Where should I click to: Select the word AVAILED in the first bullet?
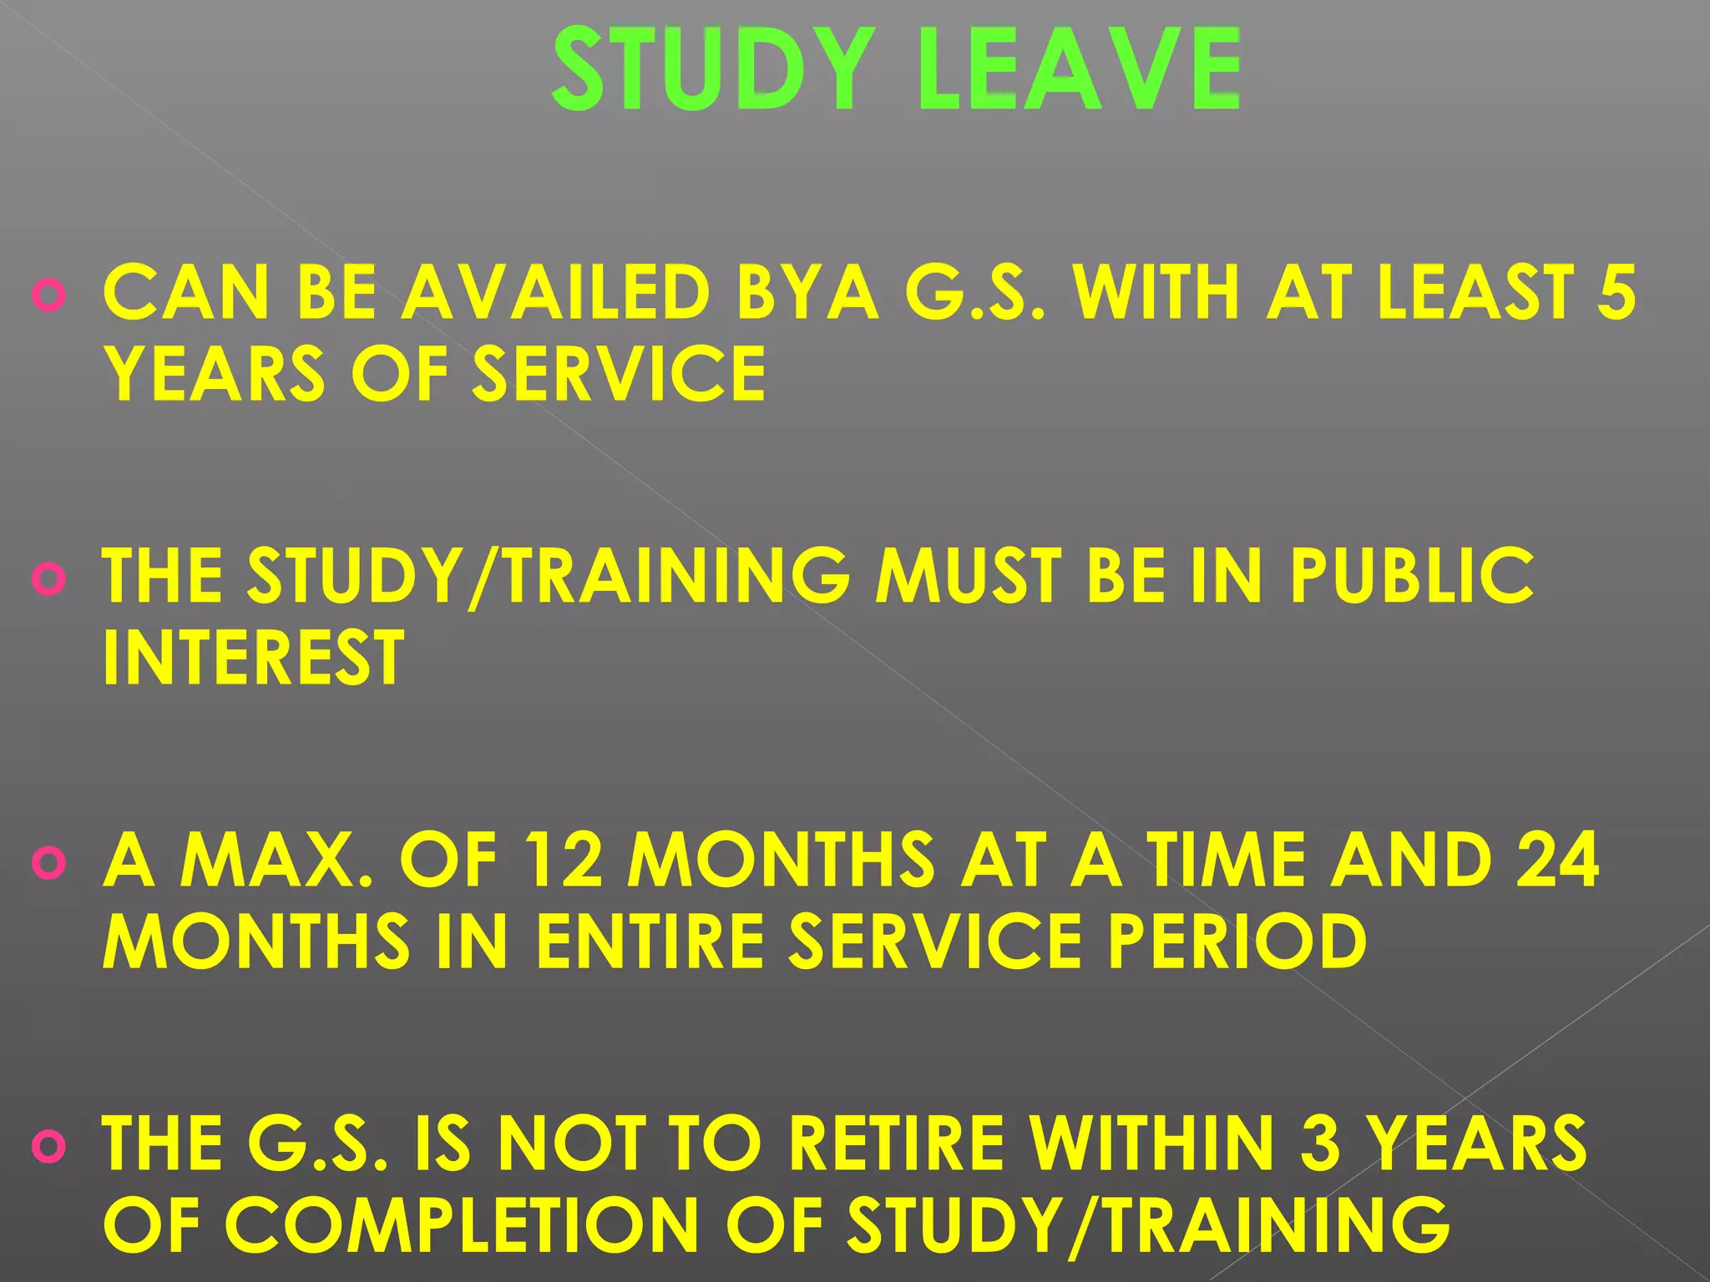[556, 292]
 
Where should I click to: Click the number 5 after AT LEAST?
[1616, 292]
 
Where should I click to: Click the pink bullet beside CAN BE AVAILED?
[48, 295]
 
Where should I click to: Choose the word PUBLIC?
[1411, 575]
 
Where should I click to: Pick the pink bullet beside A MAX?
[48, 863]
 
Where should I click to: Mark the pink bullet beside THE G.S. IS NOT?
[48, 1147]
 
